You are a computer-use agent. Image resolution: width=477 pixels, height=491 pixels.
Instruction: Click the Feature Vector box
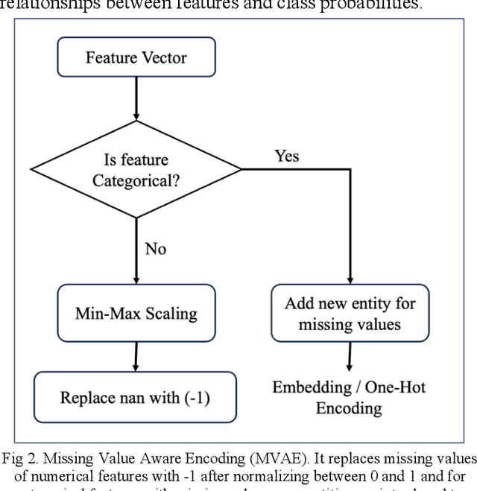tap(136, 57)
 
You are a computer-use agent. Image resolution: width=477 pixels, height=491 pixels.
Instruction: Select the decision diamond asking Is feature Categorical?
tap(136, 170)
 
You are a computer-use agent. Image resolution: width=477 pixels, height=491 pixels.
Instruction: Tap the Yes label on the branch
tap(287, 156)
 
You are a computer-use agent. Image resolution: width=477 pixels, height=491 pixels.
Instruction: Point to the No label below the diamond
tap(155, 249)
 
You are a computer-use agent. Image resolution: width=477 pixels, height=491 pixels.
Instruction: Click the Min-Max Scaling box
tap(136, 312)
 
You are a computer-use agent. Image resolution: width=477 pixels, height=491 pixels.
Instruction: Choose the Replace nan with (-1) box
tap(135, 397)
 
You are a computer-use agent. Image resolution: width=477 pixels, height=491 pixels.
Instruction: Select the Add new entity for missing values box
tap(349, 314)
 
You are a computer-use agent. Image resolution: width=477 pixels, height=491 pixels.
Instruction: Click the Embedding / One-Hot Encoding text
tap(349, 398)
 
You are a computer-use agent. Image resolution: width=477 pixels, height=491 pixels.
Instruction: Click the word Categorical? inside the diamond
tap(136, 180)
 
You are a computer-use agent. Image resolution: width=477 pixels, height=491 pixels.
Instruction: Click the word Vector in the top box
tap(164, 57)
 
